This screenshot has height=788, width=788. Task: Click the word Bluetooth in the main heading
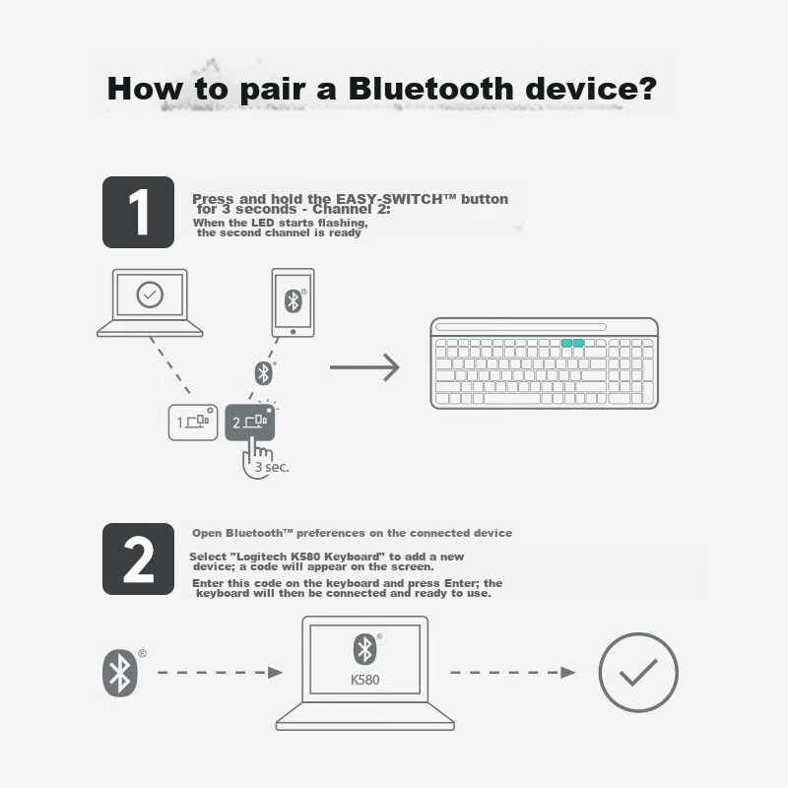[430, 89]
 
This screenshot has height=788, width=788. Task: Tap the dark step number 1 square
[138, 212]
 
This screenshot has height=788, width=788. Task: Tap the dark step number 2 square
[138, 558]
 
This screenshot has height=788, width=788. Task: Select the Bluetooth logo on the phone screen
[293, 301]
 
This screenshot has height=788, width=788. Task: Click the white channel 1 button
[193, 423]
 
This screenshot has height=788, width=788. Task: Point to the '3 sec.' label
[272, 467]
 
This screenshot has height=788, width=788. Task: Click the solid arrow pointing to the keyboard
[364, 367]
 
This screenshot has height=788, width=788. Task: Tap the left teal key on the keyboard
[567, 343]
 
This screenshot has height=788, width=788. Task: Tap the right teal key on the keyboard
[578, 343]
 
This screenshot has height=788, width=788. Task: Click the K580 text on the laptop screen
[364, 680]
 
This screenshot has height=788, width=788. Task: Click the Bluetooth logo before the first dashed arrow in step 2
[119, 673]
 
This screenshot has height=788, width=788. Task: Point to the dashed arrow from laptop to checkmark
[512, 673]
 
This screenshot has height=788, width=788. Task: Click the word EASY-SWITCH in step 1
[389, 199]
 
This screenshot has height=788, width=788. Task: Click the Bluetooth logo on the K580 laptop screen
[364, 649]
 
